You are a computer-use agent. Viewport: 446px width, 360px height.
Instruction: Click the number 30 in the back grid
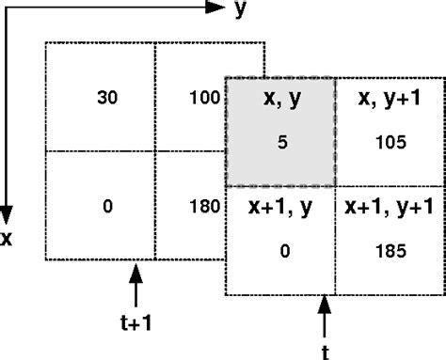(x=107, y=97)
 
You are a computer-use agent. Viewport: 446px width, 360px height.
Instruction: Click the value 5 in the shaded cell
(x=280, y=143)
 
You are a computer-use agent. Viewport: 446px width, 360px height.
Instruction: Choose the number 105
(x=389, y=143)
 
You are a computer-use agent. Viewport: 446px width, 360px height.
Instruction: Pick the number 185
(x=389, y=251)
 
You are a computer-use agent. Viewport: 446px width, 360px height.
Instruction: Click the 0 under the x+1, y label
(x=280, y=251)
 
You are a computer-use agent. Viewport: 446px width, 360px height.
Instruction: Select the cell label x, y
(x=280, y=98)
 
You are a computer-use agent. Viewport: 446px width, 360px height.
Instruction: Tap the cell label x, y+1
(x=388, y=98)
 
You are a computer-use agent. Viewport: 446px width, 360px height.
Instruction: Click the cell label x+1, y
(x=280, y=206)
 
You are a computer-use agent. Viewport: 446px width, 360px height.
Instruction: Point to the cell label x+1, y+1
(x=388, y=206)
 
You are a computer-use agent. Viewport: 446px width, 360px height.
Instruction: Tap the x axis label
(x=7, y=239)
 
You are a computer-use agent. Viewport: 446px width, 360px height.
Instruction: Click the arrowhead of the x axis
(x=8, y=213)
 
